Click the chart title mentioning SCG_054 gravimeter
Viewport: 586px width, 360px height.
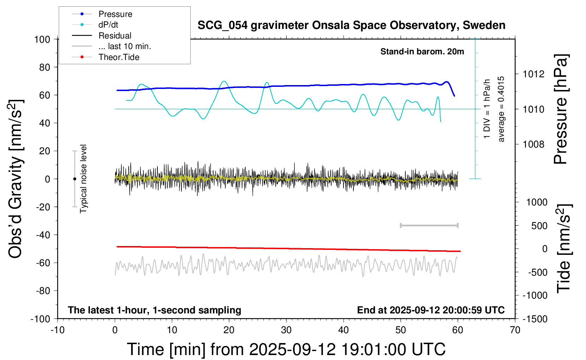[x=351, y=25]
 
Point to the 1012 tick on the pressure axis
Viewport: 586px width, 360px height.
[x=533, y=74]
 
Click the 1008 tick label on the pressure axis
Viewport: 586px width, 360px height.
[x=533, y=144]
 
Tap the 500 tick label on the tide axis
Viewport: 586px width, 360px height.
[x=539, y=226]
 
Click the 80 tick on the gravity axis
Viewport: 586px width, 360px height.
[x=44, y=67]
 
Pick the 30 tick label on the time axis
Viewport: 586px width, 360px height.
[x=286, y=330]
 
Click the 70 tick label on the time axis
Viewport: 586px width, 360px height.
[x=515, y=330]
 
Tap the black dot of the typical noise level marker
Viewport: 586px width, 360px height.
[x=74, y=179]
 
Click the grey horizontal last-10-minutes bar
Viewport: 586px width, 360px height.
[x=429, y=225]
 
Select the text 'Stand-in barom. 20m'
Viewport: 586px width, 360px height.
[x=422, y=52]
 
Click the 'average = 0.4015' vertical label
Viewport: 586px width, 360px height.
[x=501, y=109]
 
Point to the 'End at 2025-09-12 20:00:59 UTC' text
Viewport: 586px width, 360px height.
[x=431, y=310]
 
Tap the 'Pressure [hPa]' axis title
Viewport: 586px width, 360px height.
[x=560, y=109]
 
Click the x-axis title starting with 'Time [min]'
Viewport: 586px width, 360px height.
[x=286, y=349]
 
